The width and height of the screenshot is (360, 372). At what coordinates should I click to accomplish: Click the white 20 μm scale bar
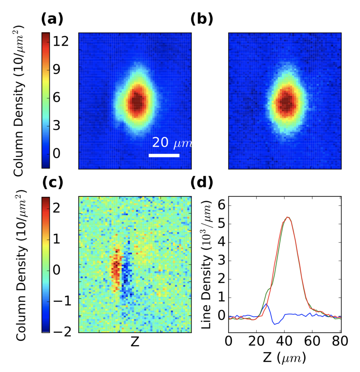pos(164,155)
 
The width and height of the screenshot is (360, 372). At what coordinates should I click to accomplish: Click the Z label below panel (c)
pos(135,343)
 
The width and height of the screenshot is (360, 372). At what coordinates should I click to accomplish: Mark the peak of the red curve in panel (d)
pos(288,217)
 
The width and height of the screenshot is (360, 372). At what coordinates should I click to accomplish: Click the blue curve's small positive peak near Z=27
pos(266,304)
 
